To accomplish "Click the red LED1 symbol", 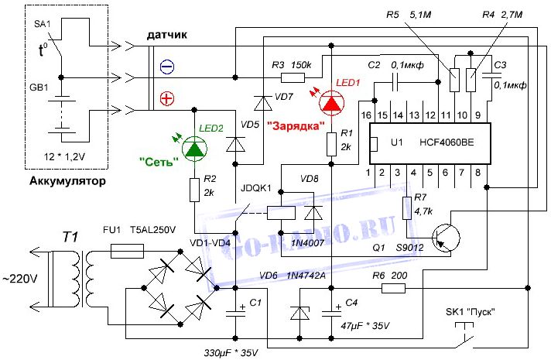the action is [x=331, y=103].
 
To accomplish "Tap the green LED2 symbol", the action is [x=194, y=149].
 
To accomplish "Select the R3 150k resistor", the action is [x=293, y=77].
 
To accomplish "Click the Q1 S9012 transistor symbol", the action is [x=446, y=238].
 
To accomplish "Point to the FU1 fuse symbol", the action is [x=127, y=252].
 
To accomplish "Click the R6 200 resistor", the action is [x=393, y=289].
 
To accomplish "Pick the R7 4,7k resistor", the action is [x=407, y=208].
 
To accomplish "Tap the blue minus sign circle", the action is [x=167, y=67].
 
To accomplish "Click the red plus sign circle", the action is [x=167, y=99].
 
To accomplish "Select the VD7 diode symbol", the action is [x=263, y=103].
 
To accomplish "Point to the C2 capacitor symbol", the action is [x=396, y=82].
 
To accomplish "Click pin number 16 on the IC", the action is [x=366, y=115].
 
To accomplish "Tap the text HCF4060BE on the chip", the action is [x=447, y=142].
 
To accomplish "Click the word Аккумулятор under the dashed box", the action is [x=67, y=181].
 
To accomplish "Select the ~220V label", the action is [x=20, y=279].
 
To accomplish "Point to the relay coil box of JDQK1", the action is [x=281, y=213].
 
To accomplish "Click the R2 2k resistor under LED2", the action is [x=194, y=190].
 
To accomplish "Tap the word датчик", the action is [x=167, y=35].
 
